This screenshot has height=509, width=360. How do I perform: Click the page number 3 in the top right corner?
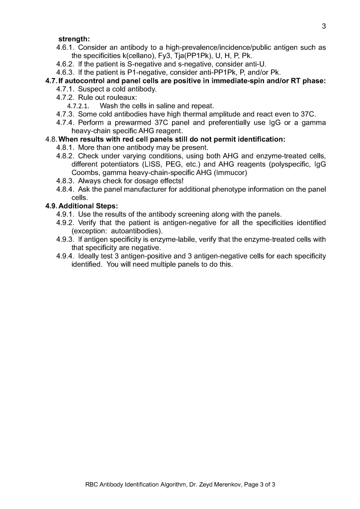[323, 26]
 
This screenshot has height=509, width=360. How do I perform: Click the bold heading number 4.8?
[51, 139]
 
